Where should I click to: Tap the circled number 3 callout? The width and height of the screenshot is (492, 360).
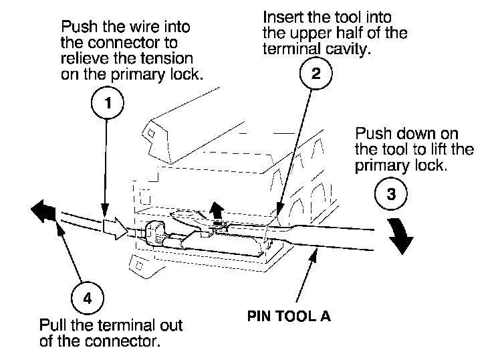pos(391,194)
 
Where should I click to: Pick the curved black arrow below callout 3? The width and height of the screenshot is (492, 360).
pos(400,237)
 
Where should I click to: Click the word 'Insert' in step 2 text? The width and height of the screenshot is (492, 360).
pos(280,15)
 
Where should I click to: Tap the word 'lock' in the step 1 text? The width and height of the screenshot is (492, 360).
pos(185,74)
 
